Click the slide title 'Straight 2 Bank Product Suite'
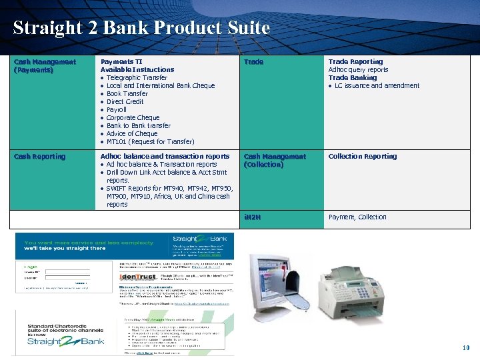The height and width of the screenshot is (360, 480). (141, 28)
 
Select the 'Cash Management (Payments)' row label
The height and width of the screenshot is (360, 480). (45, 65)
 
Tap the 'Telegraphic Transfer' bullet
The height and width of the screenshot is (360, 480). (137, 78)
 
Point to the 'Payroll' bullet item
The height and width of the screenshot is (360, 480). (116, 110)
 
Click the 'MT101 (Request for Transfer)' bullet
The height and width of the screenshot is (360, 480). (150, 142)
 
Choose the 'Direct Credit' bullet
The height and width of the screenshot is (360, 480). (125, 102)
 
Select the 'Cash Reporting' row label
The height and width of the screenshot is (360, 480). (39, 157)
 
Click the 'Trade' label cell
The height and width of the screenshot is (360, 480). (253, 62)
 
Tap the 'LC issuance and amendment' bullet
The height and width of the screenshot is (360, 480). (377, 86)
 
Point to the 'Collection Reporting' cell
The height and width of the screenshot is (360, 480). (362, 157)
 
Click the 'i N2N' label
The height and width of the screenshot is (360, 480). (253, 217)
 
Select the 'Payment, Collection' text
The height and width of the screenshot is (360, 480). (357, 217)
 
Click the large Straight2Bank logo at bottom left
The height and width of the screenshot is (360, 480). (65, 341)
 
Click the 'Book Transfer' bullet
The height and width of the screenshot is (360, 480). (127, 94)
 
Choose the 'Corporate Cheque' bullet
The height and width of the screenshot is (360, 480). (133, 118)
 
